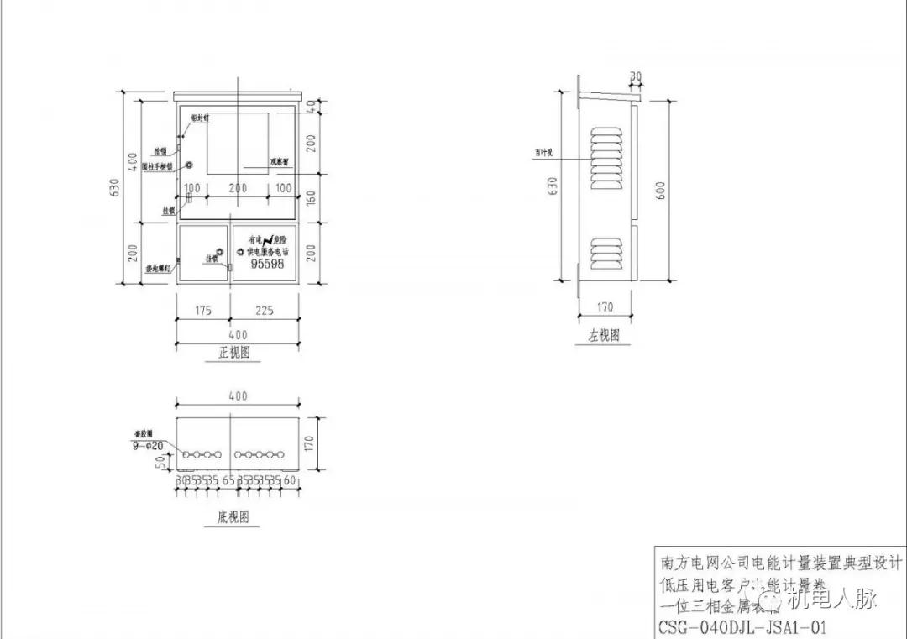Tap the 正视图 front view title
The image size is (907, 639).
coord(234,353)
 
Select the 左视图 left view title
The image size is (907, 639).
coord(604,336)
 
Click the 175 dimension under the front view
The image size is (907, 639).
coord(202,311)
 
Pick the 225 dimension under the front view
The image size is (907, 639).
coord(264,311)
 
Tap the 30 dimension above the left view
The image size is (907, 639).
coord(636,76)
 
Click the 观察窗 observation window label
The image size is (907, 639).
coord(280,160)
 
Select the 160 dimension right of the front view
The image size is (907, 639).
coord(312,199)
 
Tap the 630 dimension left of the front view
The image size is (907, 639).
coord(114,191)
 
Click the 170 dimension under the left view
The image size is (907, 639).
coord(605,306)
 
